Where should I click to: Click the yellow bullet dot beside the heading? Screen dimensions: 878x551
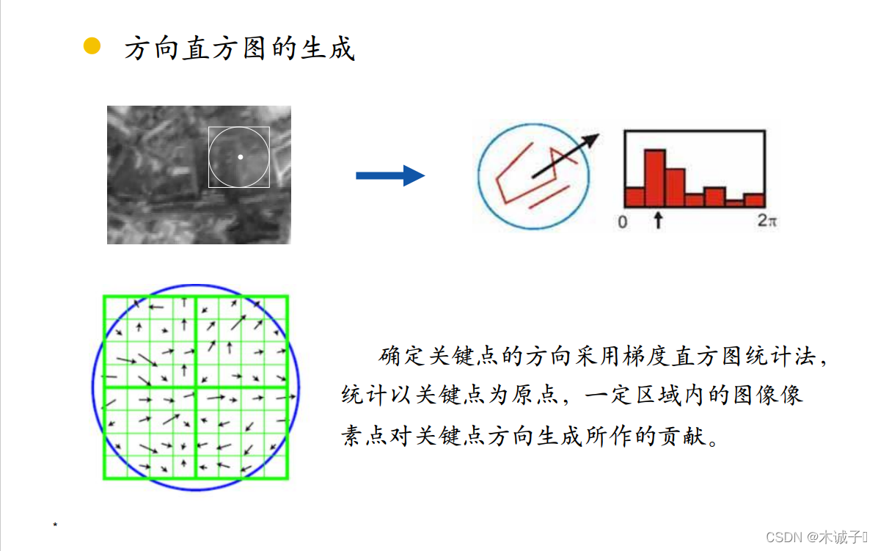point(92,46)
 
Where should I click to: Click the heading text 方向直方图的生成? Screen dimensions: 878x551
point(239,48)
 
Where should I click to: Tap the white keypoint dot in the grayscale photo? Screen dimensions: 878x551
point(240,156)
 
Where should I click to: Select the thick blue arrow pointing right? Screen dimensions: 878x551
point(389,175)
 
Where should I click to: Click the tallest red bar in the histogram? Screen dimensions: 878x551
point(655,178)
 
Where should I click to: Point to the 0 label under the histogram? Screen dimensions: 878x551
point(623,222)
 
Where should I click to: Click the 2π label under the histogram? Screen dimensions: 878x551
point(767,221)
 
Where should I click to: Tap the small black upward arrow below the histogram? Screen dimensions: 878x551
point(658,219)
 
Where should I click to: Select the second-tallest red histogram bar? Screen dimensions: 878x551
point(675,188)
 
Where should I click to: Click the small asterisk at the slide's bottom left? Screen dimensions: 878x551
point(55,525)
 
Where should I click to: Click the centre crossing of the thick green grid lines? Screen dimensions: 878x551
point(196,387)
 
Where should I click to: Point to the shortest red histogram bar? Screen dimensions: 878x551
point(734,203)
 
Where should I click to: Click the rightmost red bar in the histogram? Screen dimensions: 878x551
point(754,200)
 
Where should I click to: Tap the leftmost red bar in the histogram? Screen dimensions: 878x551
point(635,197)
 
